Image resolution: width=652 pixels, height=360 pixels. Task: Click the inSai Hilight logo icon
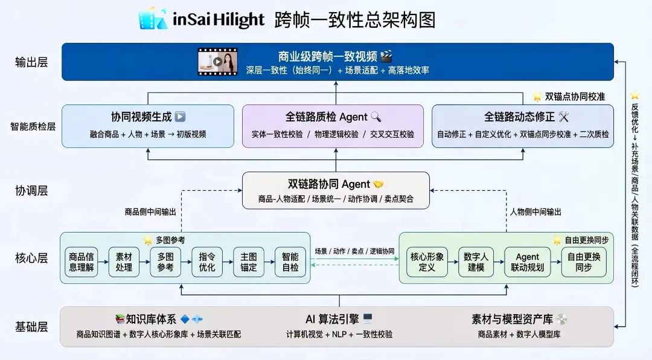tap(152, 19)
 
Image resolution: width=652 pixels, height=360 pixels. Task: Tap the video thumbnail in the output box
tap(217, 62)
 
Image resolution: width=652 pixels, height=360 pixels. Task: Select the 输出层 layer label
tap(31, 62)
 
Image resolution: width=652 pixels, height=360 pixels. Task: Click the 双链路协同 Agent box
tap(336, 190)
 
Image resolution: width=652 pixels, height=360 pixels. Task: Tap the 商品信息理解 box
tap(81, 262)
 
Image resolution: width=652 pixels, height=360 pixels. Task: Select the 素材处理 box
tap(124, 262)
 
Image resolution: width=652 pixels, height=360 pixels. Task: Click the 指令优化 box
tap(207, 262)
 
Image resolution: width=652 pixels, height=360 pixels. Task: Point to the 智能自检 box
tap(290, 262)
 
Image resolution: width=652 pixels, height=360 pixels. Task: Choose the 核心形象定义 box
tap(427, 262)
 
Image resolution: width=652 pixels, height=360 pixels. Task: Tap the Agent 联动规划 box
tap(528, 262)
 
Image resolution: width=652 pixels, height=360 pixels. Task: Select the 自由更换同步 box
tap(584, 262)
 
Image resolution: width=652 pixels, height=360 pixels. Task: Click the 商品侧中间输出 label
tap(150, 212)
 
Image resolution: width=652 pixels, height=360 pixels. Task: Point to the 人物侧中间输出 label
tap(535, 212)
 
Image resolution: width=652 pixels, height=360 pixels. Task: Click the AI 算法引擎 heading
tap(332, 320)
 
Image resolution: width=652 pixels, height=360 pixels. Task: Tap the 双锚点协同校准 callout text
tap(575, 97)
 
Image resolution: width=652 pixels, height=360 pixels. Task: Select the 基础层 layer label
tap(31, 327)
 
